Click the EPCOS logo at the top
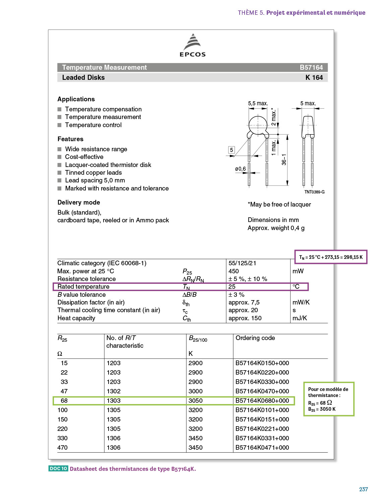(x=192, y=45)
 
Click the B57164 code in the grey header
(x=311, y=67)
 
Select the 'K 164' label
(x=314, y=77)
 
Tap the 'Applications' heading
(x=76, y=99)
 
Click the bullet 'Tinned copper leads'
(x=93, y=173)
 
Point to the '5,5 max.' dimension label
(x=258, y=103)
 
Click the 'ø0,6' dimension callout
(x=240, y=169)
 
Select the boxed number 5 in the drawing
(x=231, y=150)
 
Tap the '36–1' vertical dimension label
(x=284, y=160)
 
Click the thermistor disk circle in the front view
(x=258, y=125)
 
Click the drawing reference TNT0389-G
(x=314, y=192)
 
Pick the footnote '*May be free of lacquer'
(x=279, y=205)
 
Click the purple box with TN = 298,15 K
(x=331, y=257)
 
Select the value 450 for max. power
(x=234, y=271)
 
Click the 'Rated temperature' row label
(x=83, y=287)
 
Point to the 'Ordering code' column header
(x=255, y=338)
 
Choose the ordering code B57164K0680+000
(x=262, y=401)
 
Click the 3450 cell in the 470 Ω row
(x=196, y=448)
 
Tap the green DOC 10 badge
(x=58, y=468)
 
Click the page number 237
(x=363, y=489)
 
